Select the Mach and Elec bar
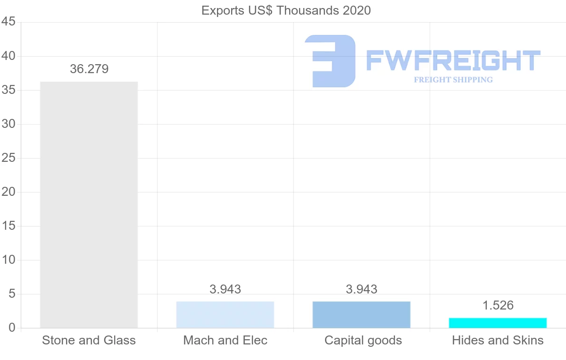[x=225, y=315]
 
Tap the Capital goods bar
[x=361, y=315]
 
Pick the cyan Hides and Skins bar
[x=498, y=323]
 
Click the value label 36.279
[x=89, y=69]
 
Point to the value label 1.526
[x=498, y=305]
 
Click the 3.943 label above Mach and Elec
[x=225, y=289]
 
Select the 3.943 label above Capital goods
[x=361, y=289]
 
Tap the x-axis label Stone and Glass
[x=89, y=340]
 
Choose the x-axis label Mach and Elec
[x=225, y=340]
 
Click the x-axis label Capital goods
[x=363, y=340]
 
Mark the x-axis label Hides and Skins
[x=498, y=340]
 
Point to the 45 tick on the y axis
[x=8, y=22]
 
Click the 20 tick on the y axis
[x=8, y=192]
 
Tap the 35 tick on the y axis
[x=8, y=90]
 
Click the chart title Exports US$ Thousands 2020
[x=286, y=10]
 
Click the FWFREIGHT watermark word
[x=453, y=60]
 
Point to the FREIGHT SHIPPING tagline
[x=453, y=80]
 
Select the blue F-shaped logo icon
[x=330, y=61]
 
